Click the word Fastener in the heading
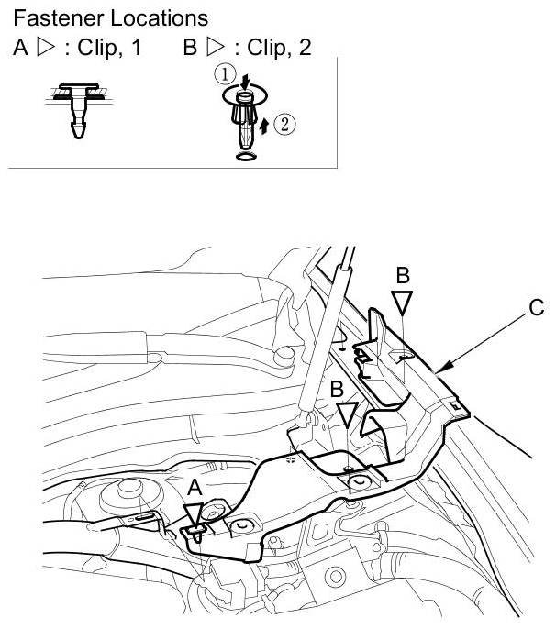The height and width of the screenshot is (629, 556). point(53,17)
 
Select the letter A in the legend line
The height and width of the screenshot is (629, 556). point(21,48)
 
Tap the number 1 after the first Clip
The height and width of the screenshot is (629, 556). point(137,48)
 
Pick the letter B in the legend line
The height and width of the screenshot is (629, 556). point(190,48)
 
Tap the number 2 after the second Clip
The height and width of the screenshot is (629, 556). point(305,48)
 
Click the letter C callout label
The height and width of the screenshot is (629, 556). point(536,309)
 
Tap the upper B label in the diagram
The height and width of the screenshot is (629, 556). point(402,274)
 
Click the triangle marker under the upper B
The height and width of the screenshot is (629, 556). point(402,303)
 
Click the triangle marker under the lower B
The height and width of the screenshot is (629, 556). point(344,415)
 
